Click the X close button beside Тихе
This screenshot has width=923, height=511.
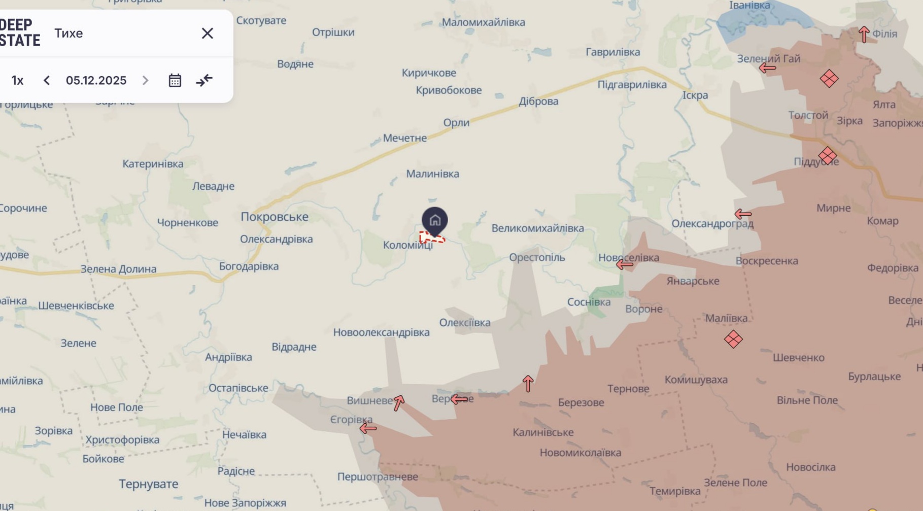[x=207, y=33]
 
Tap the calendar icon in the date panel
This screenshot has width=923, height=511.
[x=175, y=81]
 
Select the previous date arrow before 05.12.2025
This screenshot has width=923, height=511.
[x=47, y=81]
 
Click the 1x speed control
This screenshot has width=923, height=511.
[x=18, y=81]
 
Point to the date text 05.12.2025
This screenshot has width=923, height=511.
[x=96, y=81]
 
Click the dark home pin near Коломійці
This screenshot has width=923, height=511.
[x=435, y=221]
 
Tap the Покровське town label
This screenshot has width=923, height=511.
[x=275, y=217]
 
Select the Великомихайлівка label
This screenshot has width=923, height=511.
[x=537, y=228]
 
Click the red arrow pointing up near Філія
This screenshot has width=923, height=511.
[x=864, y=35]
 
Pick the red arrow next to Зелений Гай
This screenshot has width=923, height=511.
[x=768, y=67]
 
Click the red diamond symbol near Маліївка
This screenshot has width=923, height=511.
[x=733, y=339]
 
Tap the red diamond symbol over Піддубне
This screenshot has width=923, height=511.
[x=828, y=156]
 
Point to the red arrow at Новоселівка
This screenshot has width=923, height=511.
[x=625, y=264]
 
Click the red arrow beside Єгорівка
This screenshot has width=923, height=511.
[x=368, y=428]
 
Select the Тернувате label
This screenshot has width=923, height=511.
[x=149, y=484]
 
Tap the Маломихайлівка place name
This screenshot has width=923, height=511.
[x=483, y=22]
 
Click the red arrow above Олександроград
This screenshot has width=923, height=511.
[x=743, y=214]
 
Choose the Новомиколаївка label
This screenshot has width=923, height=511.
[x=580, y=453]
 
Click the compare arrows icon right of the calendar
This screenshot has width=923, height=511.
[x=204, y=80]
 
